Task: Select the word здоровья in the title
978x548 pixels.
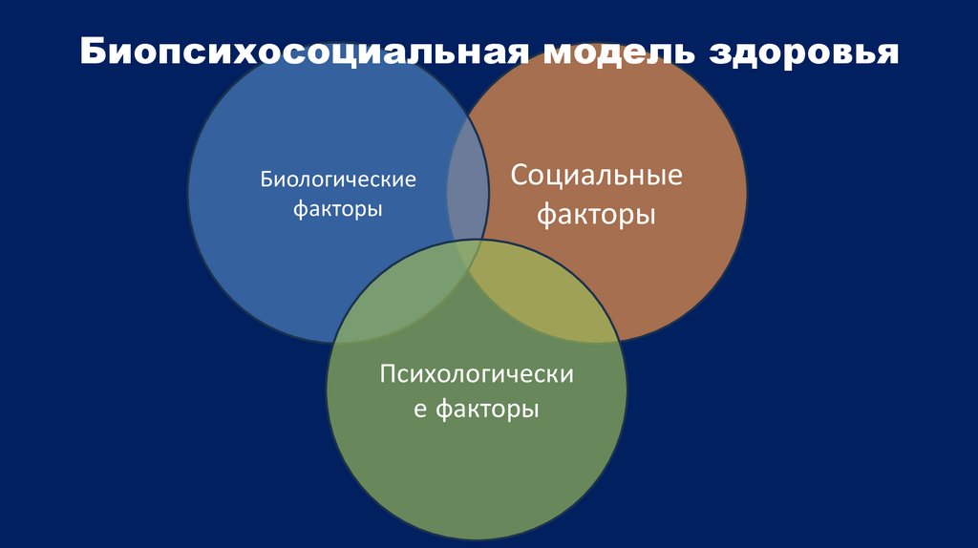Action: tap(803, 53)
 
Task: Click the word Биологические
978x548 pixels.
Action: tap(339, 179)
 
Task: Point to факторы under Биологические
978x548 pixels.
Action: tap(339, 208)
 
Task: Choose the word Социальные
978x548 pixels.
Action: tap(596, 177)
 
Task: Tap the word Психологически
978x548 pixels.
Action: tap(477, 374)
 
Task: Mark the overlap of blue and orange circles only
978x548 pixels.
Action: tap(468, 181)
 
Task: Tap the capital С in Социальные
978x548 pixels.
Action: tap(520, 177)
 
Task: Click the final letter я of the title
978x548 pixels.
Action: tap(887, 53)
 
